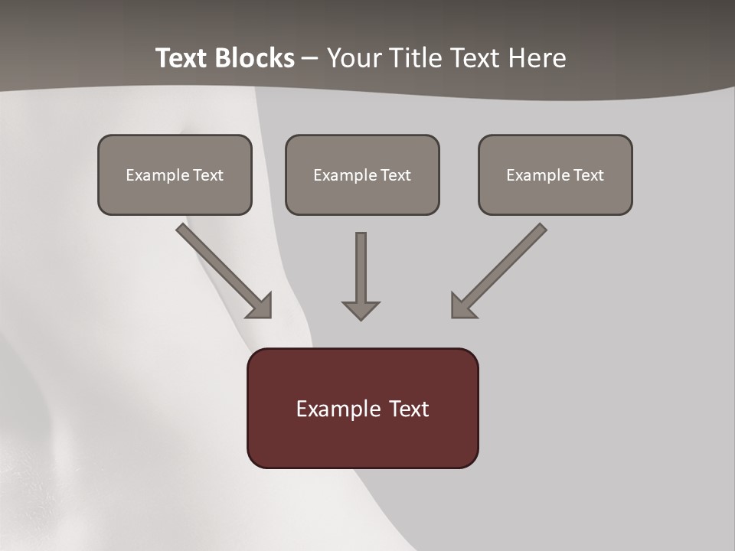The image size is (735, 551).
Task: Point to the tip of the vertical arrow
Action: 361,318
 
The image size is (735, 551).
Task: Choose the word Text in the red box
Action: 409,409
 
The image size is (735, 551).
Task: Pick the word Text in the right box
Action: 589,175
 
